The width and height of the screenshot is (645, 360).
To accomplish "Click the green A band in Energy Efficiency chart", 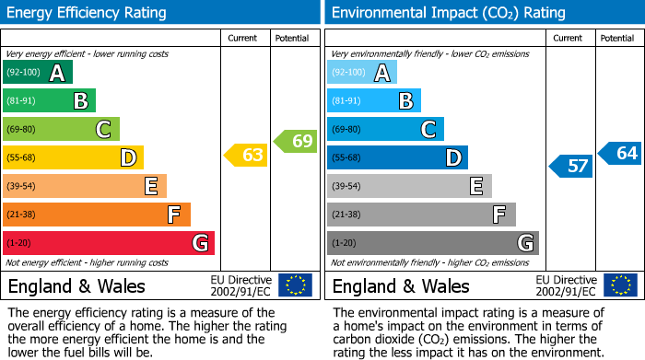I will [37, 73].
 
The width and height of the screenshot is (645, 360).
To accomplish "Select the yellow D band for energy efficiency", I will [72, 157].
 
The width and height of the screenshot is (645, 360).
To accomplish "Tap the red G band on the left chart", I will [108, 243].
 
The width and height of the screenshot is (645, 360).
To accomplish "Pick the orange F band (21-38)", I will [96, 215].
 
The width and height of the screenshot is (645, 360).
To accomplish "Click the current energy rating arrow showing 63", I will [247, 155].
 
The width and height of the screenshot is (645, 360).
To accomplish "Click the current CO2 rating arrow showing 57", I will [571, 167].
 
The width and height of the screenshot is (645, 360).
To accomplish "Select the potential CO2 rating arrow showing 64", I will [621, 153].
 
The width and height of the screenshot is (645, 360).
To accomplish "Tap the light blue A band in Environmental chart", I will [361, 73].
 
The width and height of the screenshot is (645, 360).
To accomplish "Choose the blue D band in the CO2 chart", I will [396, 157].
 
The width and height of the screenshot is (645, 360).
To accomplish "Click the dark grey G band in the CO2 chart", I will [432, 243].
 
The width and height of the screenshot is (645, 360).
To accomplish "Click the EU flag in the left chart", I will [295, 285].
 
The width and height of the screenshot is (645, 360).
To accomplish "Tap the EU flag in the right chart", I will [621, 285].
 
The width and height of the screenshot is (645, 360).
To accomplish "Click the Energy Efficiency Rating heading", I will [87, 13].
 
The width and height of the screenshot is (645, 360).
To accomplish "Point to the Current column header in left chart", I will [244, 38].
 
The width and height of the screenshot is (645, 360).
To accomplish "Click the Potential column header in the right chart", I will [617, 38].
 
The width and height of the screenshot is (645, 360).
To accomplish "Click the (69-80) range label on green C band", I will [22, 129].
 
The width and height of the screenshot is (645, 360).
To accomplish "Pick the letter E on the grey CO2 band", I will [475, 186].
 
